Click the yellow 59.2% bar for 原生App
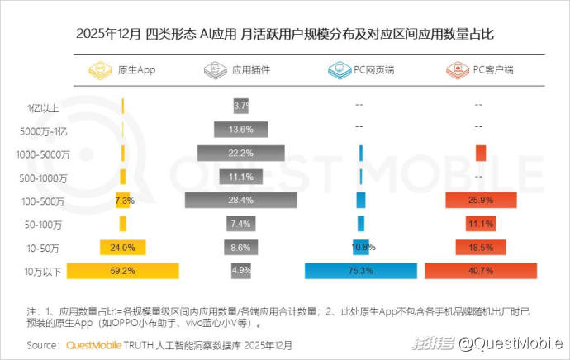pyautogui.click(x=123, y=270)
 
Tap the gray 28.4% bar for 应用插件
pyautogui.click(x=241, y=200)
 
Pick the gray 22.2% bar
pyautogui.click(x=241, y=154)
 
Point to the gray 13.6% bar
pyautogui.click(x=241, y=130)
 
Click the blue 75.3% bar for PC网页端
pyautogui.click(x=360, y=270)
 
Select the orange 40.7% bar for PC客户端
pyautogui.click(x=481, y=270)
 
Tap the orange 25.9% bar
pyautogui.click(x=481, y=200)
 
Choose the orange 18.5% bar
pyautogui.click(x=481, y=247)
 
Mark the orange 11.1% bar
pyautogui.click(x=481, y=224)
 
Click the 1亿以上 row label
pyautogui.click(x=43, y=107)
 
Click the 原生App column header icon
pyautogui.click(x=101, y=70)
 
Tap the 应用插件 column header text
pyautogui.click(x=251, y=70)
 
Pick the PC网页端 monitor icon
pyautogui.click(x=337, y=70)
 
